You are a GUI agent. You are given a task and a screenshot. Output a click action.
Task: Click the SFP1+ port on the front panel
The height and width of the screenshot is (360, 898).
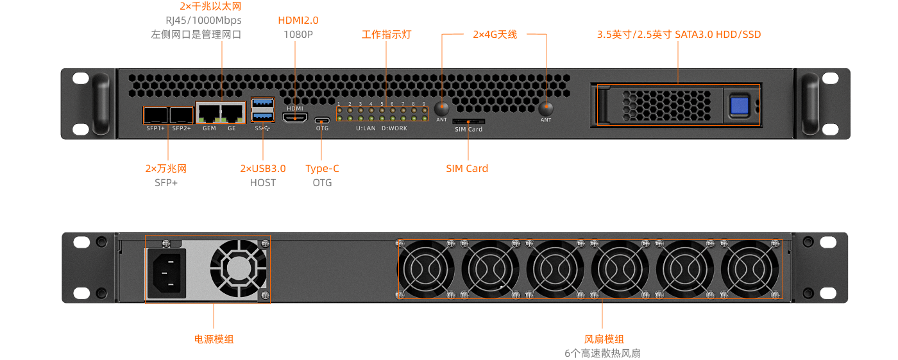click(x=155, y=115)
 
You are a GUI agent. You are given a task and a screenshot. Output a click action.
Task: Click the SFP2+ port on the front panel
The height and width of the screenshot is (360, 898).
click(x=182, y=115)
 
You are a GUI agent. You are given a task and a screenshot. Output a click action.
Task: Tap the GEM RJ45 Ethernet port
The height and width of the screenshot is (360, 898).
click(x=209, y=114)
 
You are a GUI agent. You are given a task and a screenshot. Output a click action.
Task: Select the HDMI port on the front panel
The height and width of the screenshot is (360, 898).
click(x=295, y=117)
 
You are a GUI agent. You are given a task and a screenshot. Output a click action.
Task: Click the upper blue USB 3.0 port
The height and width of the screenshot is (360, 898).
click(x=263, y=103)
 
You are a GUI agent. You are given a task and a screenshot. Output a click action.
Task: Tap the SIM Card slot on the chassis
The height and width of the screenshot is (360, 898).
click(x=468, y=121)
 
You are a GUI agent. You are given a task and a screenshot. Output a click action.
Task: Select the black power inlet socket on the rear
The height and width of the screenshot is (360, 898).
click(x=167, y=273)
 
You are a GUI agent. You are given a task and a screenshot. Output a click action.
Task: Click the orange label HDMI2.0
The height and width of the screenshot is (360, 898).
click(x=298, y=21)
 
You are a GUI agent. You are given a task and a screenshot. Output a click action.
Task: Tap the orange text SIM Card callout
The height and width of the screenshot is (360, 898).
click(x=467, y=168)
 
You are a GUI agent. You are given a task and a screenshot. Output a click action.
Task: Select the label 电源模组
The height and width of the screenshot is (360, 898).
click(x=214, y=339)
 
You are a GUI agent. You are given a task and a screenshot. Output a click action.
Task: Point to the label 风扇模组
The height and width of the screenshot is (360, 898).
click(x=604, y=339)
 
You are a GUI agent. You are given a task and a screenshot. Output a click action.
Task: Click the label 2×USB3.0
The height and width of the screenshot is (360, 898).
click(x=263, y=168)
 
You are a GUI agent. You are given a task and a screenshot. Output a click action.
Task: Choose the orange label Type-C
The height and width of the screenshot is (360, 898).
click(x=322, y=168)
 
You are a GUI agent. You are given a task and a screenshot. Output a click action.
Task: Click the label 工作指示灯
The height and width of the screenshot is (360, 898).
click(x=386, y=35)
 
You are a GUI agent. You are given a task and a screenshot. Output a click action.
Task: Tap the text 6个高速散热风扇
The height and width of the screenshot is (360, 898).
click(x=602, y=353)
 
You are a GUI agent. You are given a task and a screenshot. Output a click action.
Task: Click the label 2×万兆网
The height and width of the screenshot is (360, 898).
click(x=165, y=168)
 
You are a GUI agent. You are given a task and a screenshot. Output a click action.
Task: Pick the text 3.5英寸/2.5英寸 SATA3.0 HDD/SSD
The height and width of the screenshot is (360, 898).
click(x=679, y=35)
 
